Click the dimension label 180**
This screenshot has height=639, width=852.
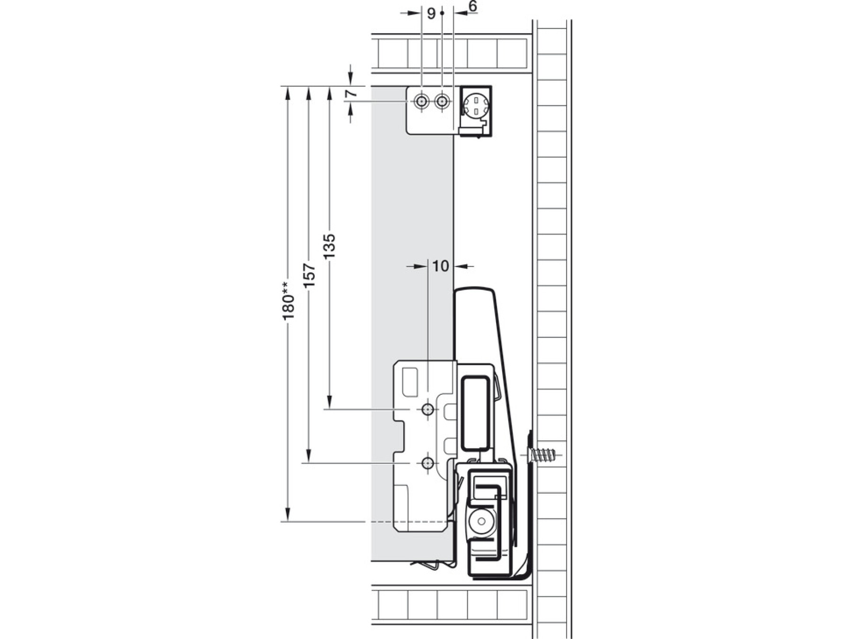tap(288, 301)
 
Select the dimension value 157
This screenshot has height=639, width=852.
tap(309, 275)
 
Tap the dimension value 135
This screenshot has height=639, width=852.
tap(329, 246)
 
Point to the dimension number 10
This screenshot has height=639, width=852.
tap(440, 266)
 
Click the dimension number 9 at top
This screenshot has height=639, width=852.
tap(431, 13)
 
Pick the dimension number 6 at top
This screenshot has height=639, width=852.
tap(473, 7)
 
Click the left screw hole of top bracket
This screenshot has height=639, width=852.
tap(421, 101)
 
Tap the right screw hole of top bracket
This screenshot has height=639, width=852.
tap(442, 101)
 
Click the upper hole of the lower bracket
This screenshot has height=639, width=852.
tap(428, 409)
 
